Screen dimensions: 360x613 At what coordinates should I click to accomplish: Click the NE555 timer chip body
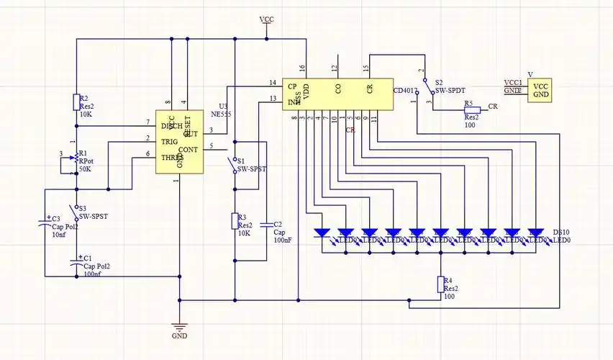(x=178, y=142)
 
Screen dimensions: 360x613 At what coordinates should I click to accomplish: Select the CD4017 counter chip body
(x=337, y=91)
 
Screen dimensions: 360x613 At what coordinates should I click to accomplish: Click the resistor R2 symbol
(x=76, y=102)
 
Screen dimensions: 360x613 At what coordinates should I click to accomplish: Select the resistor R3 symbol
(x=235, y=221)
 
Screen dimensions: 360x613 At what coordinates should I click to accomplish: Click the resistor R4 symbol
(x=440, y=284)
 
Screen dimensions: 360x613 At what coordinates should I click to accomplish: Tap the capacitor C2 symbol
(x=265, y=224)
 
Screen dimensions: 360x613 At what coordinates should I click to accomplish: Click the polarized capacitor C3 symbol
(x=45, y=223)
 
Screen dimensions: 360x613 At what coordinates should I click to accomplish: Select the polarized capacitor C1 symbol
(x=76, y=263)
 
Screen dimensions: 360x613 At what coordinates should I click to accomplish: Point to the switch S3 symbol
(x=76, y=212)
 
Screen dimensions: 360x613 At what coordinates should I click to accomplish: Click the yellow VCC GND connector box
(x=540, y=90)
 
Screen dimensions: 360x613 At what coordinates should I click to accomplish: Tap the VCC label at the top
(x=266, y=19)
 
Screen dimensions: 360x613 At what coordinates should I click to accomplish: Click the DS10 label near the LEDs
(x=561, y=233)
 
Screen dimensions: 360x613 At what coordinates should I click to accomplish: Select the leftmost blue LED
(x=322, y=233)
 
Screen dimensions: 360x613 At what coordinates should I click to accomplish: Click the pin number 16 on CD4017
(x=302, y=68)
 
